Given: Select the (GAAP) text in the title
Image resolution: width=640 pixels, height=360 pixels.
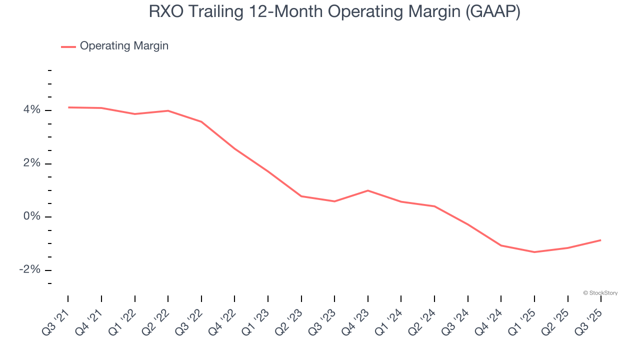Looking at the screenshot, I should (492, 12).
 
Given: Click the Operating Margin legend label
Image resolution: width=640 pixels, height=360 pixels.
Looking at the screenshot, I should (124, 46).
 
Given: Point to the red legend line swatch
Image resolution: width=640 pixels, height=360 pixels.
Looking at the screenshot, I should (68, 46).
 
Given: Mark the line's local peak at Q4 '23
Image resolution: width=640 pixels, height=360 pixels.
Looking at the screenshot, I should (368, 190).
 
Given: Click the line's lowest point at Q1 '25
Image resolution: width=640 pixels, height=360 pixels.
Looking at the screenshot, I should (534, 252).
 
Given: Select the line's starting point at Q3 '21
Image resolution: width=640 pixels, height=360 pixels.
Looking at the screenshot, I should (68, 107).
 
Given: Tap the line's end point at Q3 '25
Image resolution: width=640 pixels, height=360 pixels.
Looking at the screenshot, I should (600, 240).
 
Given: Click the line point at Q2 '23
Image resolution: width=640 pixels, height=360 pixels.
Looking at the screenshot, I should (301, 196).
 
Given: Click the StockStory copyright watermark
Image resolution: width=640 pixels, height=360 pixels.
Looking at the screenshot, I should (600, 293).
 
